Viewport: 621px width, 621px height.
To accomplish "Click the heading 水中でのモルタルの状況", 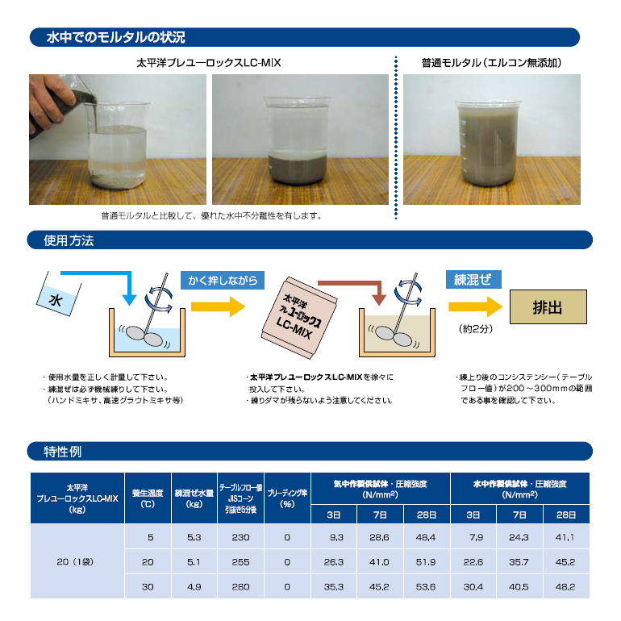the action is (x=115, y=37).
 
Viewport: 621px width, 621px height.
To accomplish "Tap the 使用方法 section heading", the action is (x=69, y=240).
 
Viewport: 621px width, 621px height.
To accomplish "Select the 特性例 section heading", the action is (x=63, y=452).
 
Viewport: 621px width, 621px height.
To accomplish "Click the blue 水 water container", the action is (x=59, y=294).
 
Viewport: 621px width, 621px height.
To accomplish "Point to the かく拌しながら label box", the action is (x=223, y=281).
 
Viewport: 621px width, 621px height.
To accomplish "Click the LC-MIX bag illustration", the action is (x=299, y=318).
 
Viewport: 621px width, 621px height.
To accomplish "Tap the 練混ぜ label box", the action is (x=473, y=280).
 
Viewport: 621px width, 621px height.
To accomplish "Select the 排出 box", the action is (x=548, y=307).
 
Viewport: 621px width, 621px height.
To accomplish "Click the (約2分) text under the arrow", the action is (x=475, y=329).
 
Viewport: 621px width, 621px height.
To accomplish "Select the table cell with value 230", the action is (x=241, y=537).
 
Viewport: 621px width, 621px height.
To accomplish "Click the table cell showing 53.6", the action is (x=426, y=586).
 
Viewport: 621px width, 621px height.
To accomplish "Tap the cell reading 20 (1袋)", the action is (x=75, y=561).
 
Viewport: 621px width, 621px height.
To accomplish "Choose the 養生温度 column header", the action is (x=148, y=498).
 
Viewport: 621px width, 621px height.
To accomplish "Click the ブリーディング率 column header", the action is (x=288, y=498).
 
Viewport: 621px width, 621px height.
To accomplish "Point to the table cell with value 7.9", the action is (x=473, y=537).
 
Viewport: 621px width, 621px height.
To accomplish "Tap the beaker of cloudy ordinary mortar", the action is (x=488, y=144).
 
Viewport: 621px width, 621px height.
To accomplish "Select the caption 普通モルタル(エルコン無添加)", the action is (x=491, y=63).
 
